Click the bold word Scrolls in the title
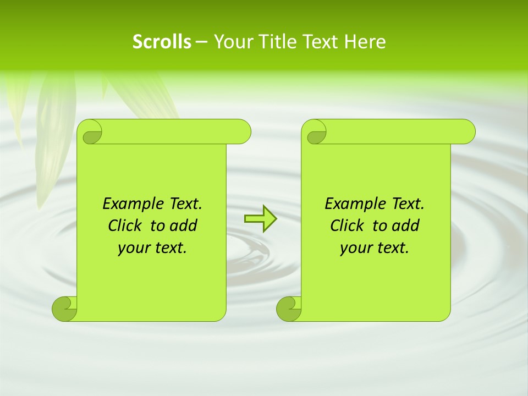pyautogui.click(x=162, y=42)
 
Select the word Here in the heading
pyautogui.click(x=365, y=42)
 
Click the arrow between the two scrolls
pyautogui.click(x=260, y=218)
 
